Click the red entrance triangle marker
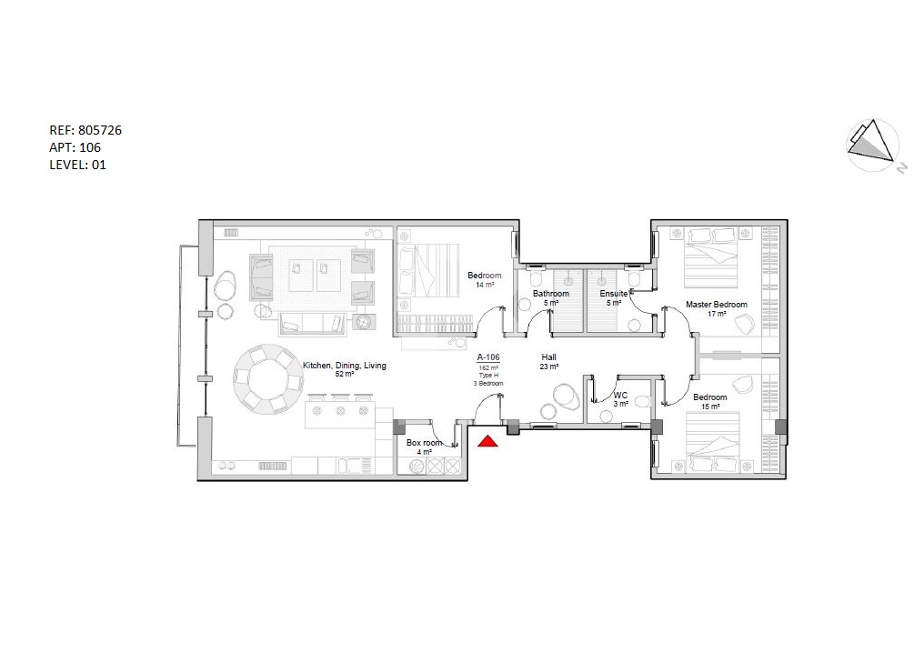tap(487, 440)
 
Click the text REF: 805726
tap(85, 130)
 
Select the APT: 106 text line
tap(75, 147)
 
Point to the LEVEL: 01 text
tap(78, 165)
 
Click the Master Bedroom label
tap(717, 304)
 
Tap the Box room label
tap(424, 443)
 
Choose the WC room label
tap(620, 396)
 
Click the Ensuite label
tap(614, 294)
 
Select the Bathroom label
tap(551, 294)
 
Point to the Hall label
tap(548, 357)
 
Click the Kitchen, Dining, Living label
tap(345, 366)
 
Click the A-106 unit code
tap(488, 357)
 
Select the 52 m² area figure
tap(345, 374)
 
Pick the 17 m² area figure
tap(717, 314)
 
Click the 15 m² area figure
tap(710, 407)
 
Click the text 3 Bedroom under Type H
tap(488, 384)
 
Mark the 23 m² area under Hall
tap(548, 367)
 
